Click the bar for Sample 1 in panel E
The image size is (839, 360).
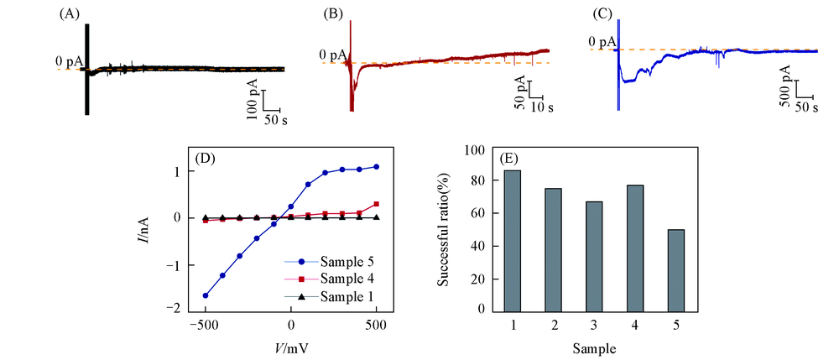coord(511,240)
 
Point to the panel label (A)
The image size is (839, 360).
coord(70,14)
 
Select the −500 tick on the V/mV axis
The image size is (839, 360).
coord(204,326)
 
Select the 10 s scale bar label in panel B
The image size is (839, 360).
coord(542,109)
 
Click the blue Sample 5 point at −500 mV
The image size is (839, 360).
coord(205,295)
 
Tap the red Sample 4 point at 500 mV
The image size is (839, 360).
coord(377,204)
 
